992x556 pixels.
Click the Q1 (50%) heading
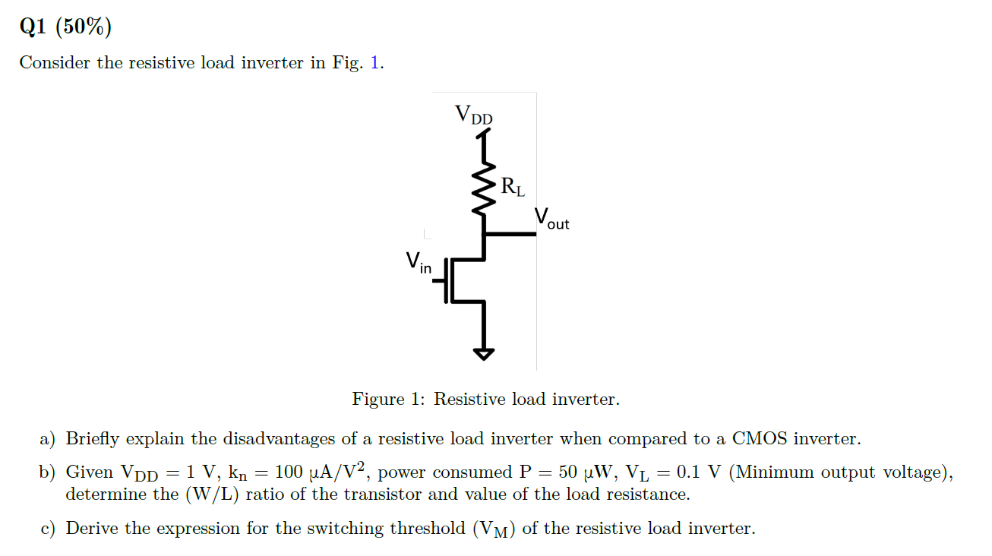[x=65, y=27]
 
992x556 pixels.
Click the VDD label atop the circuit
[x=473, y=115]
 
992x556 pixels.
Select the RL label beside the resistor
[x=512, y=186]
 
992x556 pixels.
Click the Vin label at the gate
[x=418, y=263]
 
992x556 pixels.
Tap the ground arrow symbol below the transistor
[x=484, y=352]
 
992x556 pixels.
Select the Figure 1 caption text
[x=485, y=399]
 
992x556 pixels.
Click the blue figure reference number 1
[x=374, y=63]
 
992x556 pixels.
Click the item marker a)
[x=48, y=439]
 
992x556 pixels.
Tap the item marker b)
[x=48, y=472]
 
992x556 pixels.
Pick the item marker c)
[x=48, y=529]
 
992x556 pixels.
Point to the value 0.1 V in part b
[x=699, y=472]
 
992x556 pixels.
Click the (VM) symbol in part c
[x=494, y=529]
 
